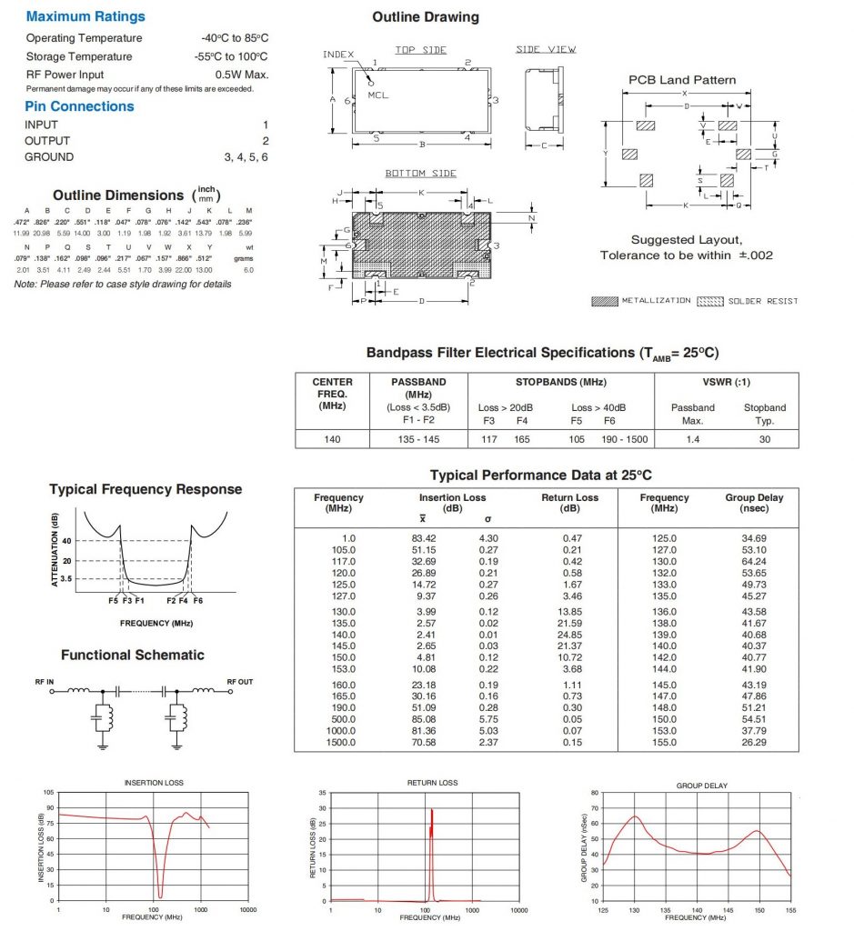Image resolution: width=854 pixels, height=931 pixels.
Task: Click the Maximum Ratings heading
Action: [x=85, y=16]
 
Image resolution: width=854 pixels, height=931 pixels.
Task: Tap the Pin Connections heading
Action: [x=79, y=106]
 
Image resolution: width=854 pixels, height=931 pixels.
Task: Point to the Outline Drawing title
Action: [x=426, y=16]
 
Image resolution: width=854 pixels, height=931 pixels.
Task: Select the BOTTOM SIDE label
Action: [x=420, y=174]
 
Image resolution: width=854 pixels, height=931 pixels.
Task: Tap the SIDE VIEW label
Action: [x=546, y=50]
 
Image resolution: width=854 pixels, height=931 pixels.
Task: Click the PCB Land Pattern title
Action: [x=682, y=80]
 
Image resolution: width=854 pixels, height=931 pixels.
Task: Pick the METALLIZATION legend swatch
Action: [x=604, y=301]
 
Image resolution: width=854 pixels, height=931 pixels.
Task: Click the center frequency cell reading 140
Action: [x=332, y=438]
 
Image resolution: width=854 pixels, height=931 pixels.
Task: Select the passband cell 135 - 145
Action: [x=419, y=438]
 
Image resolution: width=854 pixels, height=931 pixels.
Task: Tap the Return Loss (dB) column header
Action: [x=569, y=503]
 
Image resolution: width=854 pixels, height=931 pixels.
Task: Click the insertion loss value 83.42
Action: [x=425, y=539]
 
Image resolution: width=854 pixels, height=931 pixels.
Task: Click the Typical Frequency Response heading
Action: [x=146, y=489]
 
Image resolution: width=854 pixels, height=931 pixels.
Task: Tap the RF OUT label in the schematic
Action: [x=240, y=681]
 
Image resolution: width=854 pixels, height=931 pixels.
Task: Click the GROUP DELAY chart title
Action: [x=701, y=786]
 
